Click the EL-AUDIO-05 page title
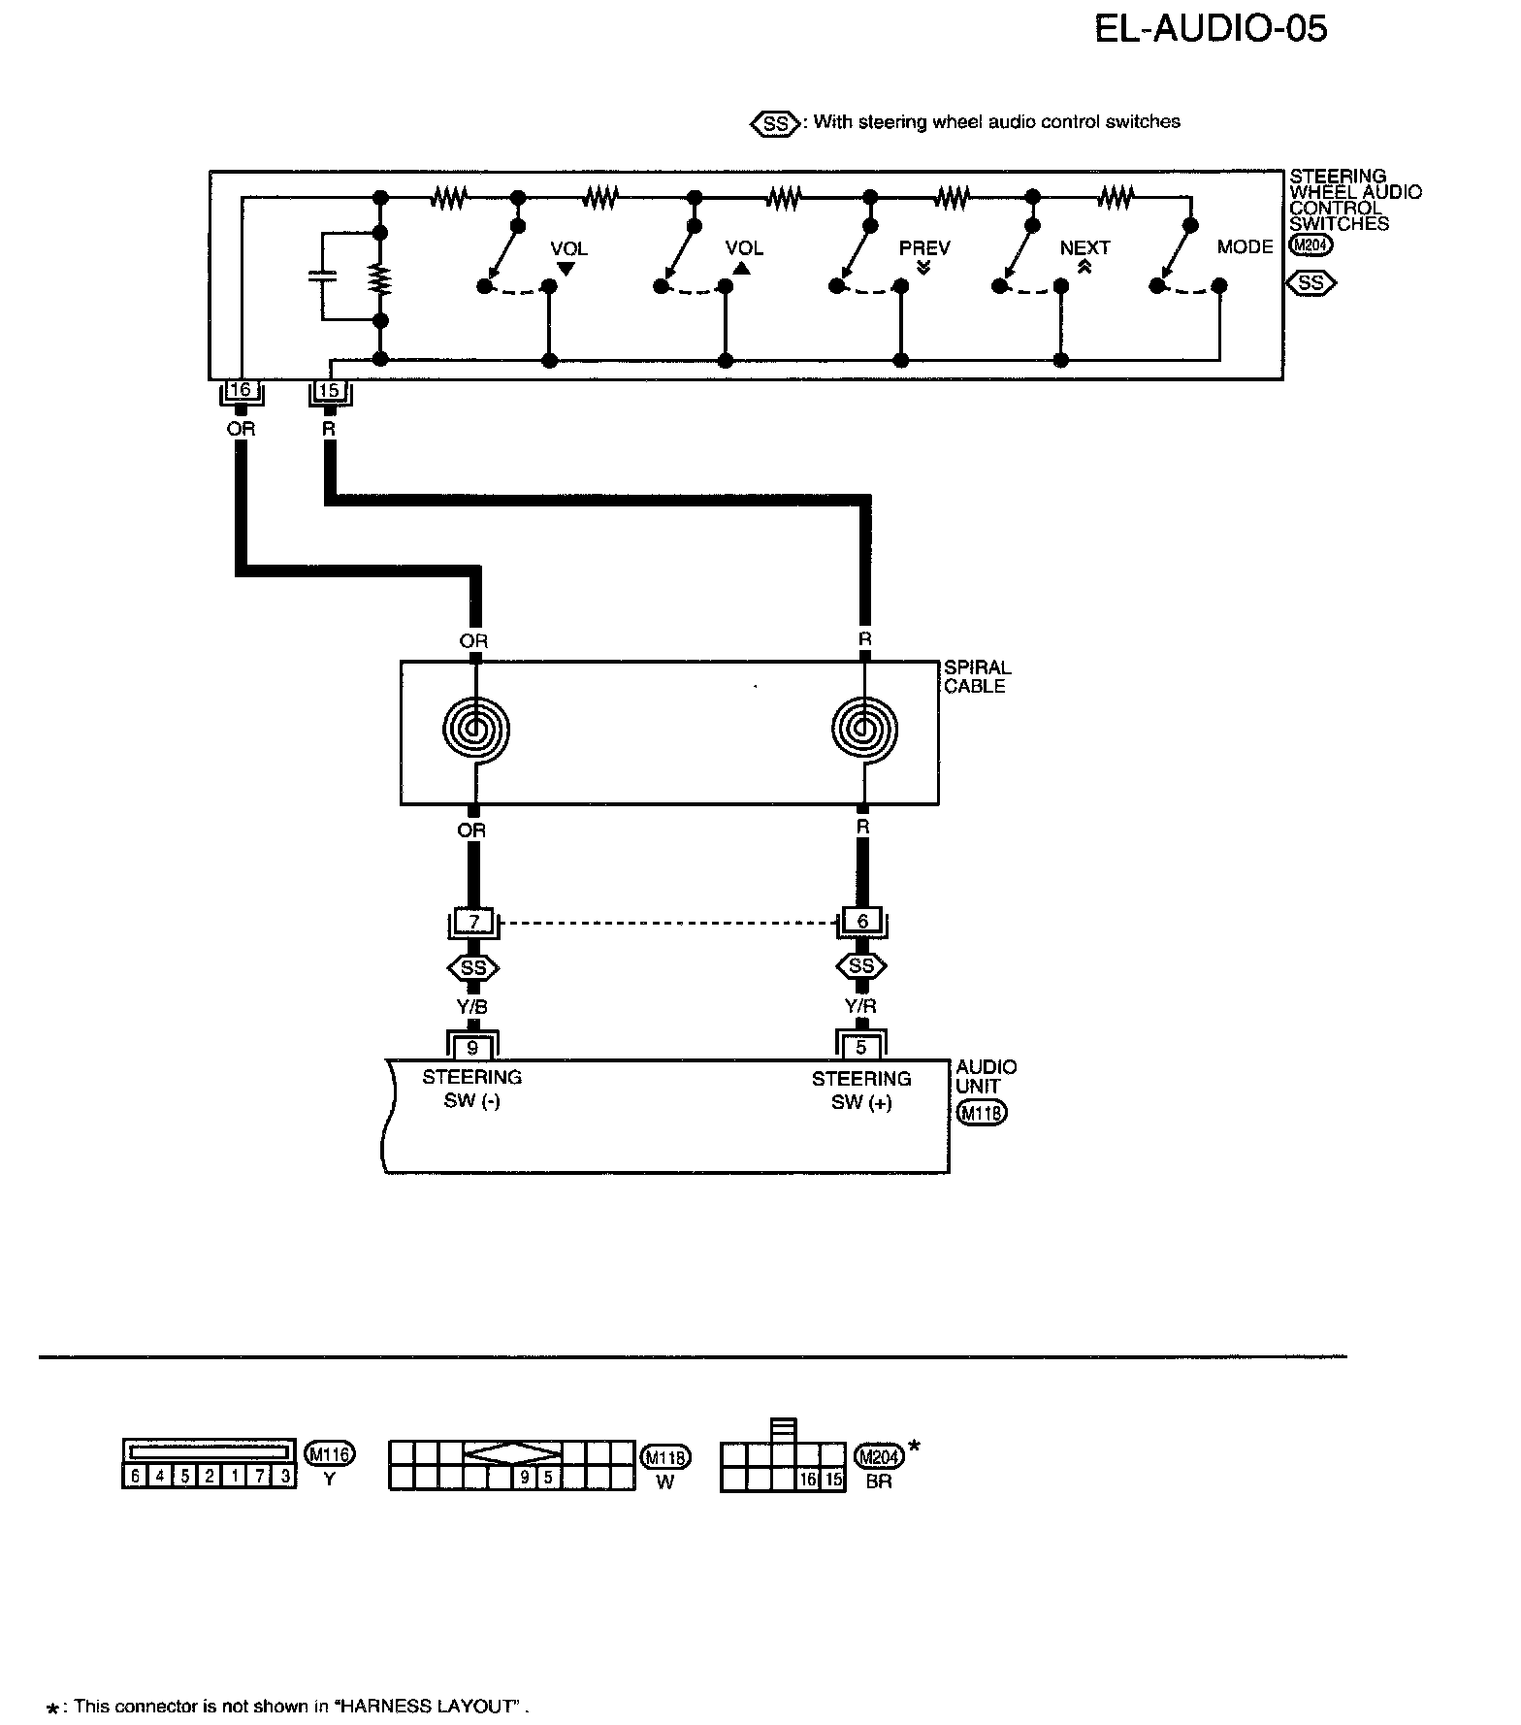1210,28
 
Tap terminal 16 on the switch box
240,390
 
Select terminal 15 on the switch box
330,391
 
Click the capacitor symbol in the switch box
321,277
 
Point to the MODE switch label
1245,247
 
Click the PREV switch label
923,248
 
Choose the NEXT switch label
1084,248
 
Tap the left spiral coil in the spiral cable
474,729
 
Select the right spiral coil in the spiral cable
864,729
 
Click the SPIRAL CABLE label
977,676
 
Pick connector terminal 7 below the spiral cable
473,922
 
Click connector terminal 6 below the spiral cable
862,921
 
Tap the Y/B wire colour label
472,1007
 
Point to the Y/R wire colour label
861,1007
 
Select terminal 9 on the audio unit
472,1048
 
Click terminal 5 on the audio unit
861,1048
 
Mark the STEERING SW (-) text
472,1089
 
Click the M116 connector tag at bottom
330,1453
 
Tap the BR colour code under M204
878,1481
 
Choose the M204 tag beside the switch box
1311,245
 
